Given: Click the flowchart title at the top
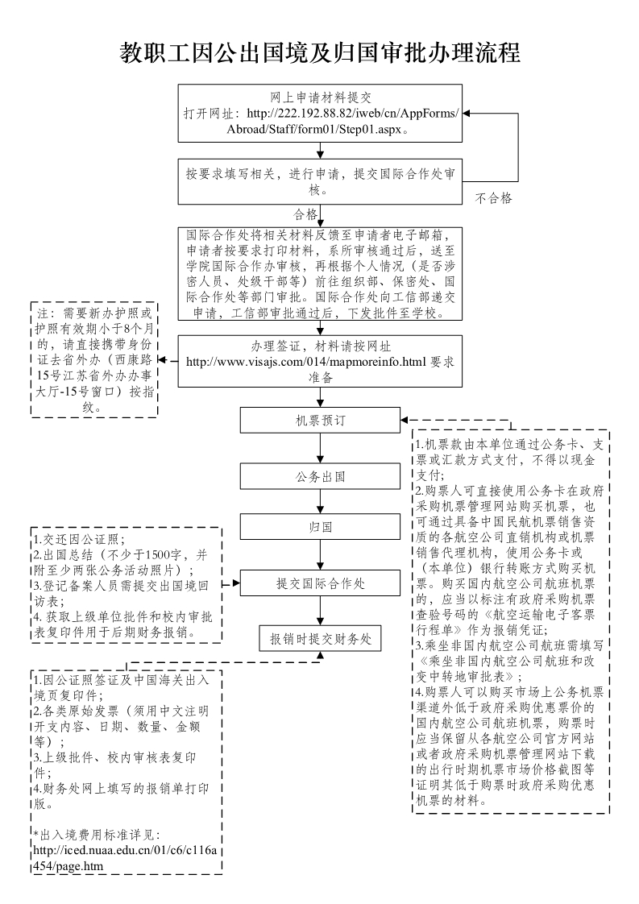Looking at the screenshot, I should [x=319, y=53].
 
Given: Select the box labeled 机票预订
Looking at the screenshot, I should [x=320, y=421].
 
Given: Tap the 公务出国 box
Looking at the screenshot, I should [x=320, y=476].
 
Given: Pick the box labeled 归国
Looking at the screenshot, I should [x=320, y=529].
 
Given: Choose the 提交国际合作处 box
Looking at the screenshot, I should [x=320, y=583].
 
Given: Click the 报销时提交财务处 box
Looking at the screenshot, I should [x=320, y=638].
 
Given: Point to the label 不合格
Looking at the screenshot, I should [x=493, y=197].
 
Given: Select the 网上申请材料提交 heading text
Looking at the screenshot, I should [x=320, y=97].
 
